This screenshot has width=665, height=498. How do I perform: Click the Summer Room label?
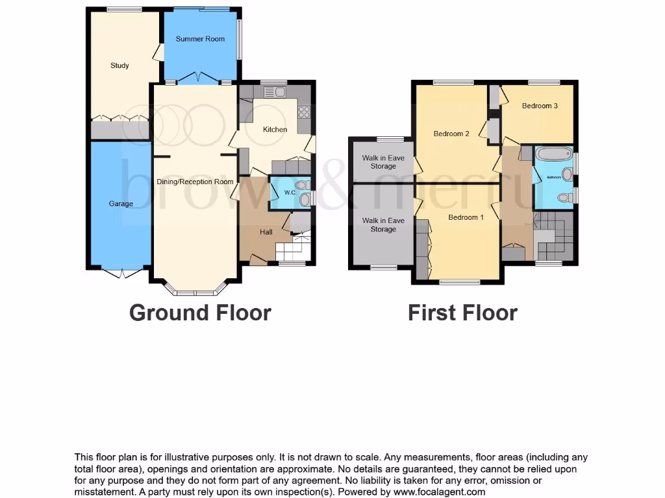click(200, 39)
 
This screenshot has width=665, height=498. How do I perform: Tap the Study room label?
click(119, 65)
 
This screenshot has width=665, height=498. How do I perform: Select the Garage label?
click(121, 204)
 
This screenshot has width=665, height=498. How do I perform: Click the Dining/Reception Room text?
click(195, 182)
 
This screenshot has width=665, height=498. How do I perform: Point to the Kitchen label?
click(275, 130)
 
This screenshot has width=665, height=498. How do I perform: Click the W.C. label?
click(290, 193)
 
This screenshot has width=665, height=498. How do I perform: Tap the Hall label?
click(266, 232)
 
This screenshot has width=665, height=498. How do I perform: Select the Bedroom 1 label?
click(466, 217)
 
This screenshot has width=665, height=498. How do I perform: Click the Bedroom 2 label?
click(451, 134)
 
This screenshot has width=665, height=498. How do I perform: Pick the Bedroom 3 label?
click(540, 106)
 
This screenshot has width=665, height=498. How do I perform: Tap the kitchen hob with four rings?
click(304, 112)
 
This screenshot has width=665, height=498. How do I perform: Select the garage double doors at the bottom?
click(121, 273)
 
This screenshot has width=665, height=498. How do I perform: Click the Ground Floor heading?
click(200, 313)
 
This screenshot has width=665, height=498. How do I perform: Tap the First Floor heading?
click(462, 313)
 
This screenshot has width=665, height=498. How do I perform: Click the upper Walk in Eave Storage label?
click(383, 162)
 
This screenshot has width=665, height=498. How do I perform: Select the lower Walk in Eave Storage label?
click(383, 225)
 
